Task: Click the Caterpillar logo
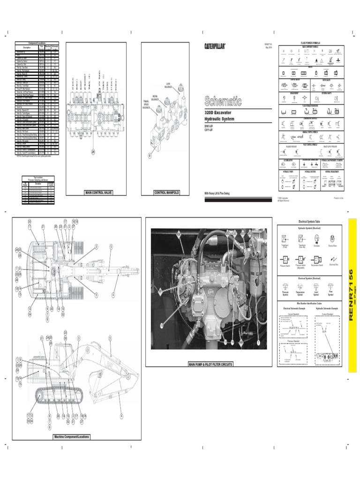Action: click(x=215, y=46)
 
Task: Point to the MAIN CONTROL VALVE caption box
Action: click(x=98, y=193)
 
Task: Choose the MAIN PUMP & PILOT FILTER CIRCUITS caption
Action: click(x=210, y=364)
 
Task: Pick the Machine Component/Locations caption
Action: click(x=71, y=436)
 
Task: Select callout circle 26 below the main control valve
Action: click(x=93, y=151)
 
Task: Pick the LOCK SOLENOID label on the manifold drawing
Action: click(x=169, y=86)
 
